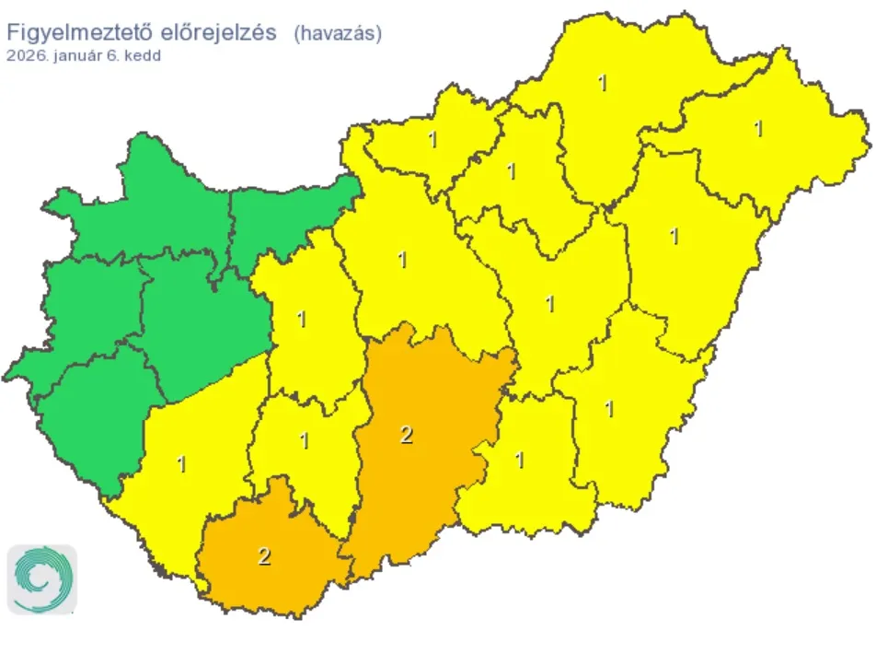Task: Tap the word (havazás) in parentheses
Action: tap(338, 33)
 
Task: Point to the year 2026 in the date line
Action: tap(24, 54)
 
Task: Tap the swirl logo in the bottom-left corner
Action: tap(42, 579)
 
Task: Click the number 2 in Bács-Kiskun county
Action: tap(407, 436)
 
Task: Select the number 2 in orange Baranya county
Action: tap(265, 556)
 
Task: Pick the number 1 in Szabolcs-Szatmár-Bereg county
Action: tap(758, 129)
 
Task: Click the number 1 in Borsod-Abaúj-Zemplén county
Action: tap(603, 83)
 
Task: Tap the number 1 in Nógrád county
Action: tap(432, 140)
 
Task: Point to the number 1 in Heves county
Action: tap(511, 171)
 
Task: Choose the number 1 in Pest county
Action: tap(402, 260)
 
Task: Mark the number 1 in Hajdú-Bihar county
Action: tap(674, 237)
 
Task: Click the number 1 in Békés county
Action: tap(609, 407)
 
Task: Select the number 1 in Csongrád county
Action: tap(520, 460)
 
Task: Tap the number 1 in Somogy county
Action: tap(181, 464)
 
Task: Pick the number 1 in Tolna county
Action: tap(305, 441)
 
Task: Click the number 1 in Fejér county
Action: tap(302, 320)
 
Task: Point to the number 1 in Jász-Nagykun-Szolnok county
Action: tap(550, 302)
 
